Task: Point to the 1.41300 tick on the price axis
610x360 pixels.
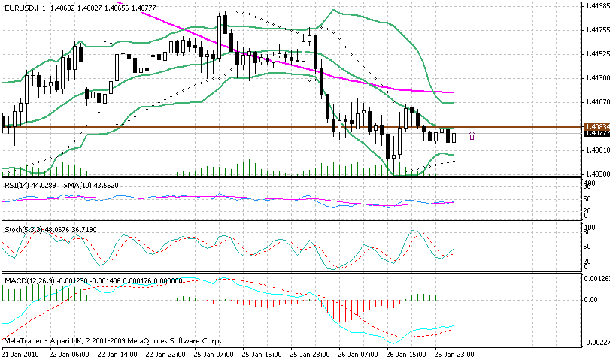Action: [x=596, y=77]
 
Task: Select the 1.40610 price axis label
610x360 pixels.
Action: [x=596, y=150]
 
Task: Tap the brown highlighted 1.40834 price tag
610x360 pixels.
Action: [x=596, y=126]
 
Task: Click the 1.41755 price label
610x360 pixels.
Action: [x=596, y=31]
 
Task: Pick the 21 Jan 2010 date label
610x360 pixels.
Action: [x=21, y=354]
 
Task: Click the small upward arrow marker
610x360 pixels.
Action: [x=472, y=135]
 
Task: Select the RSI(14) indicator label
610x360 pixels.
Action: [x=17, y=185]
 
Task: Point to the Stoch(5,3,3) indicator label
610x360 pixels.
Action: [x=23, y=228]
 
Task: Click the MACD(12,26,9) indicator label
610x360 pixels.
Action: [x=29, y=280]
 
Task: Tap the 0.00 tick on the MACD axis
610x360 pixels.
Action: [x=590, y=300]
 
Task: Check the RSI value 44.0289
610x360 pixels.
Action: [x=46, y=185]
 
